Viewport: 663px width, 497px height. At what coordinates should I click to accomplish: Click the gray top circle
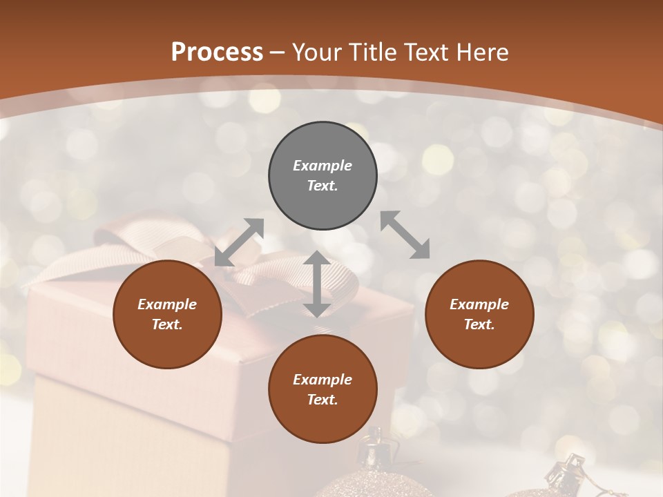point(323,176)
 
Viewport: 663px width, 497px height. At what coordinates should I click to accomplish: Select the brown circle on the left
point(167,314)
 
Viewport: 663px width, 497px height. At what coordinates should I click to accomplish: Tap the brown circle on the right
point(479,314)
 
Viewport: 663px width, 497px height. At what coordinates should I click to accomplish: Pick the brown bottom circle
point(323,389)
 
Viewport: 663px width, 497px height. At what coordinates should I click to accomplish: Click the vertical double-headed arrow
point(317,284)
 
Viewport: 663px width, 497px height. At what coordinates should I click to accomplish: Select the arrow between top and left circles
point(239,242)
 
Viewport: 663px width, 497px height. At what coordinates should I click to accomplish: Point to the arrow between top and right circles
point(405,235)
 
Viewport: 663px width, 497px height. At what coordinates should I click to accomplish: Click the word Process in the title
point(217,52)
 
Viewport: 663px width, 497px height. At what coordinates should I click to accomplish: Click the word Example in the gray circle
point(323,166)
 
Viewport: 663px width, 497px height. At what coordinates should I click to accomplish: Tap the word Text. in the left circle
point(167,324)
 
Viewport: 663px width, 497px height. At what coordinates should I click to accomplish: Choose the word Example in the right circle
point(479,304)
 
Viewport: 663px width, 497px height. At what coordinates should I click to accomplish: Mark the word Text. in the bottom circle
point(323,400)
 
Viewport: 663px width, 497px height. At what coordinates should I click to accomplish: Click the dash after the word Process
point(277,52)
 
